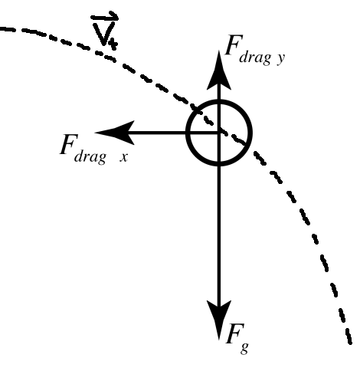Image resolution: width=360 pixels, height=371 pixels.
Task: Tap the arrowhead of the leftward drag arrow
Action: [112, 133]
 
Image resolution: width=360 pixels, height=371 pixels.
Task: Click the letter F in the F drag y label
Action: [232, 45]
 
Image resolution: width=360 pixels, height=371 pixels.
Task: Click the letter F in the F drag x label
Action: [67, 145]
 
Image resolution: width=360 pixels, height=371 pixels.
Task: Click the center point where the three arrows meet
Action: [220, 133]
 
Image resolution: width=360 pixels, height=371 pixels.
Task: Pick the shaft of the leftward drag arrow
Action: [161, 133]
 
